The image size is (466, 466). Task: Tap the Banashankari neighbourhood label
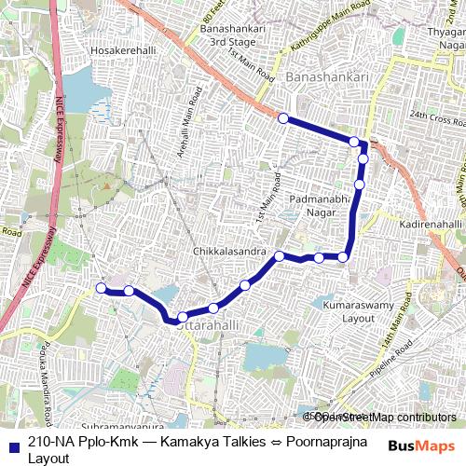327,76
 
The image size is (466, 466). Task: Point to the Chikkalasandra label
228,252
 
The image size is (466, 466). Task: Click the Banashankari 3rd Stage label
233,36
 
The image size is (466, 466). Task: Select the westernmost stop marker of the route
102,289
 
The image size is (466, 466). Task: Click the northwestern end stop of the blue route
282,119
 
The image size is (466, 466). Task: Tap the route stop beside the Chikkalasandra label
279,255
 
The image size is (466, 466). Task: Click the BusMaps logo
424,445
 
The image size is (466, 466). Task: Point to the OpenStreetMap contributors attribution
383,417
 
